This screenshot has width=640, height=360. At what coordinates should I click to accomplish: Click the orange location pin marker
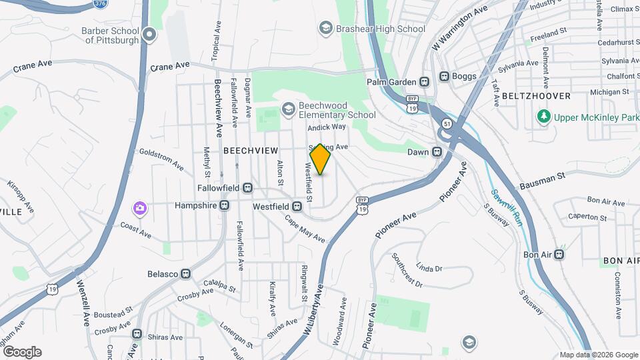pos(321,159)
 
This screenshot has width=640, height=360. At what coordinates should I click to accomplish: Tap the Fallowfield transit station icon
pos(247,189)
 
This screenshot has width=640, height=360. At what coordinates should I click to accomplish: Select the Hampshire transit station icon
pos(225,206)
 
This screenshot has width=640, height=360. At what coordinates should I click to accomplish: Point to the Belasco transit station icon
pos(186,274)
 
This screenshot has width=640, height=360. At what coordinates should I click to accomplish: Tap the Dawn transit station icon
pos(437,152)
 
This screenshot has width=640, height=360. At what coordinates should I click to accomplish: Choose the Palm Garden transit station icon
pos(423,82)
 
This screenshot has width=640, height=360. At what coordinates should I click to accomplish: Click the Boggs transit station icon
pos(444,76)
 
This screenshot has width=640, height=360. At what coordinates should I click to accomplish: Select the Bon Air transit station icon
pos(560,254)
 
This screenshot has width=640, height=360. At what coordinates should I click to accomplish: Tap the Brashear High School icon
pos(325,28)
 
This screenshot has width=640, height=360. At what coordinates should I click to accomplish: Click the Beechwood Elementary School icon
pos(288,108)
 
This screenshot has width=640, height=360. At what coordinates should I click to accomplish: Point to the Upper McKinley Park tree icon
pos(544,117)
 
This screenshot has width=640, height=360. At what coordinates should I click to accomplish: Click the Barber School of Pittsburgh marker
pos(149,33)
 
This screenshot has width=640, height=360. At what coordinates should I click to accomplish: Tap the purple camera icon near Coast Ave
pos(139,209)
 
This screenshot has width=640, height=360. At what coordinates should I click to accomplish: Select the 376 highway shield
pos(101,4)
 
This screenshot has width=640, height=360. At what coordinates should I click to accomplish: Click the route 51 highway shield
pos(446,124)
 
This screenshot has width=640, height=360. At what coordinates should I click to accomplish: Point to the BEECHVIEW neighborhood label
pos(250,151)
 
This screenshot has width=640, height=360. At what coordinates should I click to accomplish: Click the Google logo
pos(22,351)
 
